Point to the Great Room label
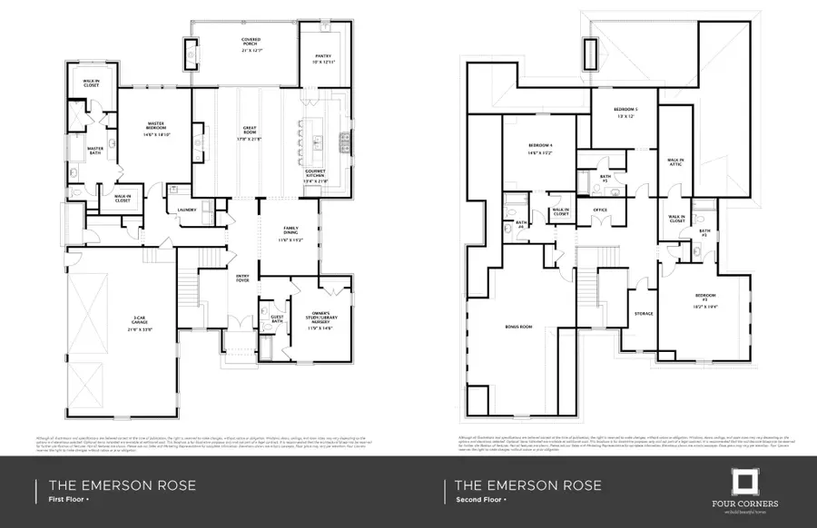[x=250, y=133]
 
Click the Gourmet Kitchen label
[x=317, y=175]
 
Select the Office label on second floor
[x=599, y=210]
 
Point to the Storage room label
[x=644, y=314]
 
